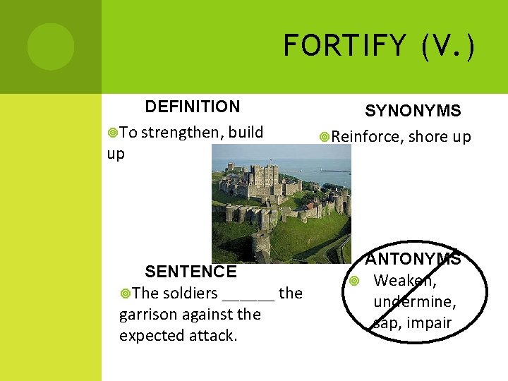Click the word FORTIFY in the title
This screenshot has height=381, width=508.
coord(344,47)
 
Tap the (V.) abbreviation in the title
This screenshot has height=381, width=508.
coord(447,47)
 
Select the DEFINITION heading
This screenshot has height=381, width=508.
coord(192,107)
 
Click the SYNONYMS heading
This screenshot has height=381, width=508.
coord(413,111)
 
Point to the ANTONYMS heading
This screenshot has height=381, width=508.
coord(413,259)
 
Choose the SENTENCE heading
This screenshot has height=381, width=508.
coord(190,272)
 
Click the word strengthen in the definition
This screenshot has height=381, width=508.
coord(181,132)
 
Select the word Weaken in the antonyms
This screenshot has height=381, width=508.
coord(404,281)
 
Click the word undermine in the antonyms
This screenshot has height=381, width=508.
coord(414,302)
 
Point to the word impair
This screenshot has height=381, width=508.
coord(428,323)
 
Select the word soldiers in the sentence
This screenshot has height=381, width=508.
coord(191,293)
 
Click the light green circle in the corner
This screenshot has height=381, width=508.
coord(51,47)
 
